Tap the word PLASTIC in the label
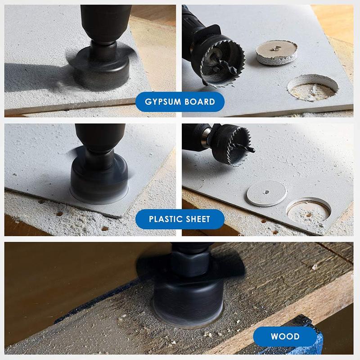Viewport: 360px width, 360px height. pos(165,219)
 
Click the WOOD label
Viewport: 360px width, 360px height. pos(285,336)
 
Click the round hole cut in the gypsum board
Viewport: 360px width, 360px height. pos(313,87)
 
